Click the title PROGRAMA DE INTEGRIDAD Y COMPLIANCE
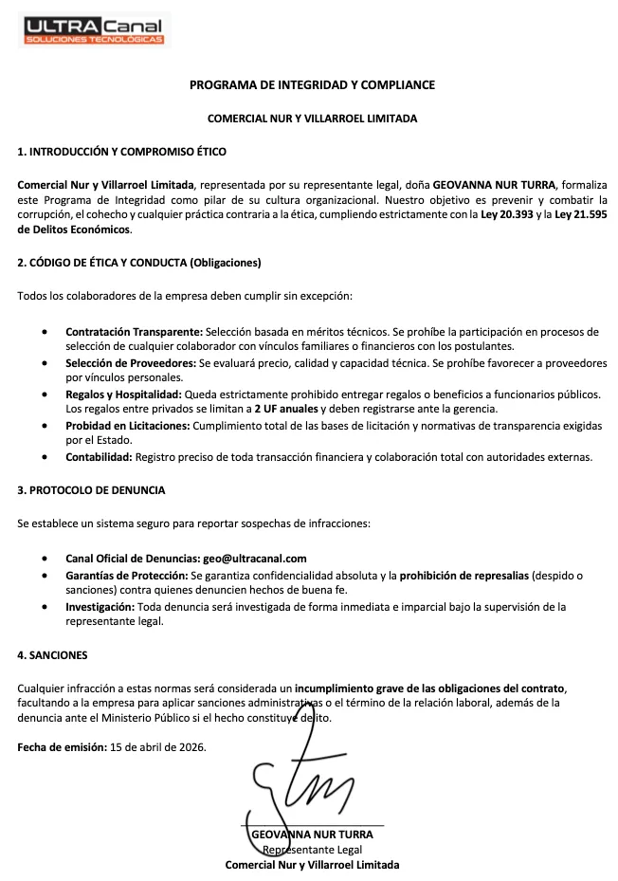(x=312, y=85)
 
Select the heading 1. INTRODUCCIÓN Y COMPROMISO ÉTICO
(x=121, y=152)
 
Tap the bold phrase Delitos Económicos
(x=75, y=229)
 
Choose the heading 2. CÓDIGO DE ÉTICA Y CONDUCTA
(x=138, y=263)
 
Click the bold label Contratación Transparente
(x=134, y=332)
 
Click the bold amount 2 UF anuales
(x=286, y=409)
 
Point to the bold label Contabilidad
(x=99, y=457)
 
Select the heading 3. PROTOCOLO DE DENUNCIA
(x=91, y=490)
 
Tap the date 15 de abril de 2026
(x=157, y=747)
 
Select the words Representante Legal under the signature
(x=312, y=850)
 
